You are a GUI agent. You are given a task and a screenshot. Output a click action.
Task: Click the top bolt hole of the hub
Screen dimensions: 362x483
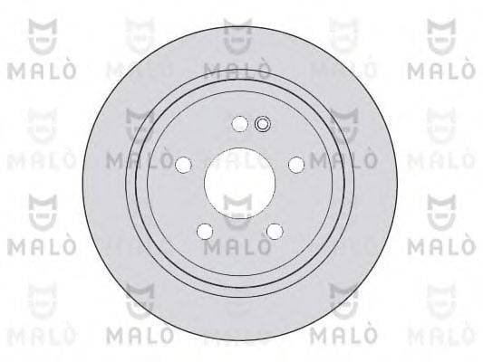239,125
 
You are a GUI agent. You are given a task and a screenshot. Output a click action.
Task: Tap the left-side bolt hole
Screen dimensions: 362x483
184,164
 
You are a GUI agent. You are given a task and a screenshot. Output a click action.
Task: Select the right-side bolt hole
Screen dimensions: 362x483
295,165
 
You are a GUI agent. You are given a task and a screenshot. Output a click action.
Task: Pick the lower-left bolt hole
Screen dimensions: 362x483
205,230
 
